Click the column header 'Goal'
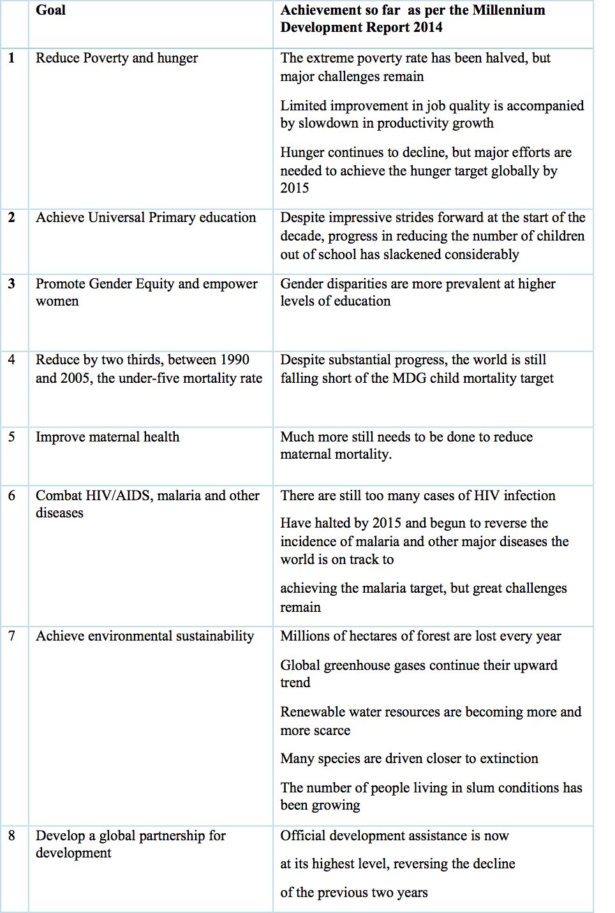[50, 10]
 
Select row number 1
[11, 58]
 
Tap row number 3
[11, 283]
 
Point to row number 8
[11, 835]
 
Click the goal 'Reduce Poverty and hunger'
[117, 58]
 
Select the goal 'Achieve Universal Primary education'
[145, 218]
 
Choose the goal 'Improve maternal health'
[107, 437]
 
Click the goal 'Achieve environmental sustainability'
[145, 636]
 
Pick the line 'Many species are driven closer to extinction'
[409, 759]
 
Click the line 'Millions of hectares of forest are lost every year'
[420, 636]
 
